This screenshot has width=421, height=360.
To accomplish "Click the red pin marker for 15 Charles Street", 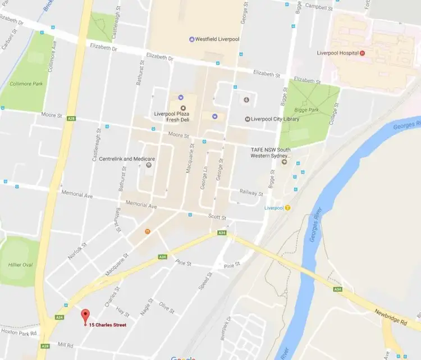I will tap(85, 316).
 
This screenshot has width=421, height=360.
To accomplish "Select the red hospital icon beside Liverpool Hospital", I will tap(362, 53).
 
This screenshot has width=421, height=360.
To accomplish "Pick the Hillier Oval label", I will tap(19, 265).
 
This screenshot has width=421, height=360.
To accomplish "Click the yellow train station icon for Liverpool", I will tap(288, 207).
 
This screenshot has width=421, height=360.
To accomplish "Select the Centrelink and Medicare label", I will tap(127, 159).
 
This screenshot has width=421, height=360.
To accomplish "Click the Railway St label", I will tap(251, 193).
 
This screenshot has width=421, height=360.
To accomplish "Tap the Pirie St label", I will tap(231, 265).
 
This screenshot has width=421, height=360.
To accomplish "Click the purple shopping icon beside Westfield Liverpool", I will tap(192, 39).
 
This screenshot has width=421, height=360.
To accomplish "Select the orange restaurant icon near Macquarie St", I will tap(147, 230).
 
